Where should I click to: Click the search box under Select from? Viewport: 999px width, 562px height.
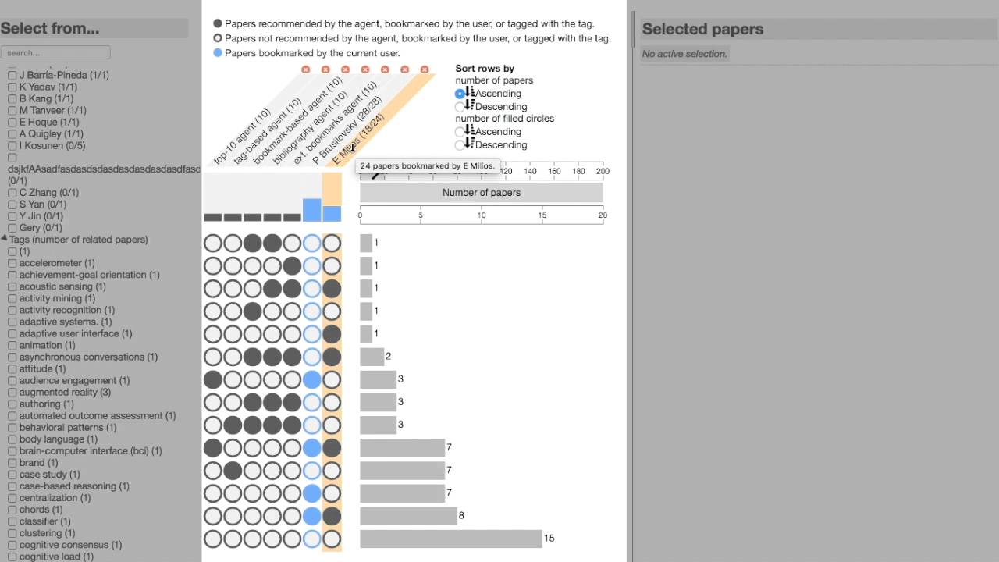pos(55,53)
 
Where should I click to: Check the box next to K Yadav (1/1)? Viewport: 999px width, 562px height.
pos(12,87)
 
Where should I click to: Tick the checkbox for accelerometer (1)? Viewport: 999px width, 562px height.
pos(12,264)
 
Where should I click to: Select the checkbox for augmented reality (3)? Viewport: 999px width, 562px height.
pos(12,393)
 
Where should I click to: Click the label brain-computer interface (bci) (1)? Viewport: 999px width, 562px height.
pos(91,451)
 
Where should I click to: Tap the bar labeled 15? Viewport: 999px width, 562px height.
pos(450,539)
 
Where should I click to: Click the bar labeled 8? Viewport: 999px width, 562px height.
pos(408,516)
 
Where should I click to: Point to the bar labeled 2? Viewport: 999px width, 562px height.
pos(372,357)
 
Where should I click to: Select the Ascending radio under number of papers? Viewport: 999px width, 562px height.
pos(460,94)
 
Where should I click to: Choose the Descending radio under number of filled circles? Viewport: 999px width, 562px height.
pos(460,145)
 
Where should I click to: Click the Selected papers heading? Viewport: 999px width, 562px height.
pos(702,30)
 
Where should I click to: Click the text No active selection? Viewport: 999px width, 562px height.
pos(684,54)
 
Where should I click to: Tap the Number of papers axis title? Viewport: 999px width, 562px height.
pos(481,193)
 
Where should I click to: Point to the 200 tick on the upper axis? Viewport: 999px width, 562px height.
pos(603,171)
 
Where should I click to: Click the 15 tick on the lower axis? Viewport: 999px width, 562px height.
pos(542,215)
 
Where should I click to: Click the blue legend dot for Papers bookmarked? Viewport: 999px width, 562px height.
pos(218,53)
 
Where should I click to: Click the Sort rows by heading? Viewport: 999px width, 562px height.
pos(485,69)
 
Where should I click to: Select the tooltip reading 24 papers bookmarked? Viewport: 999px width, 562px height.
pos(427,166)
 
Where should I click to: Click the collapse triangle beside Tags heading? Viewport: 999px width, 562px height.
pos(5,240)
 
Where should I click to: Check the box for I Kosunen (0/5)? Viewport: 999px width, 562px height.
pos(12,146)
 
